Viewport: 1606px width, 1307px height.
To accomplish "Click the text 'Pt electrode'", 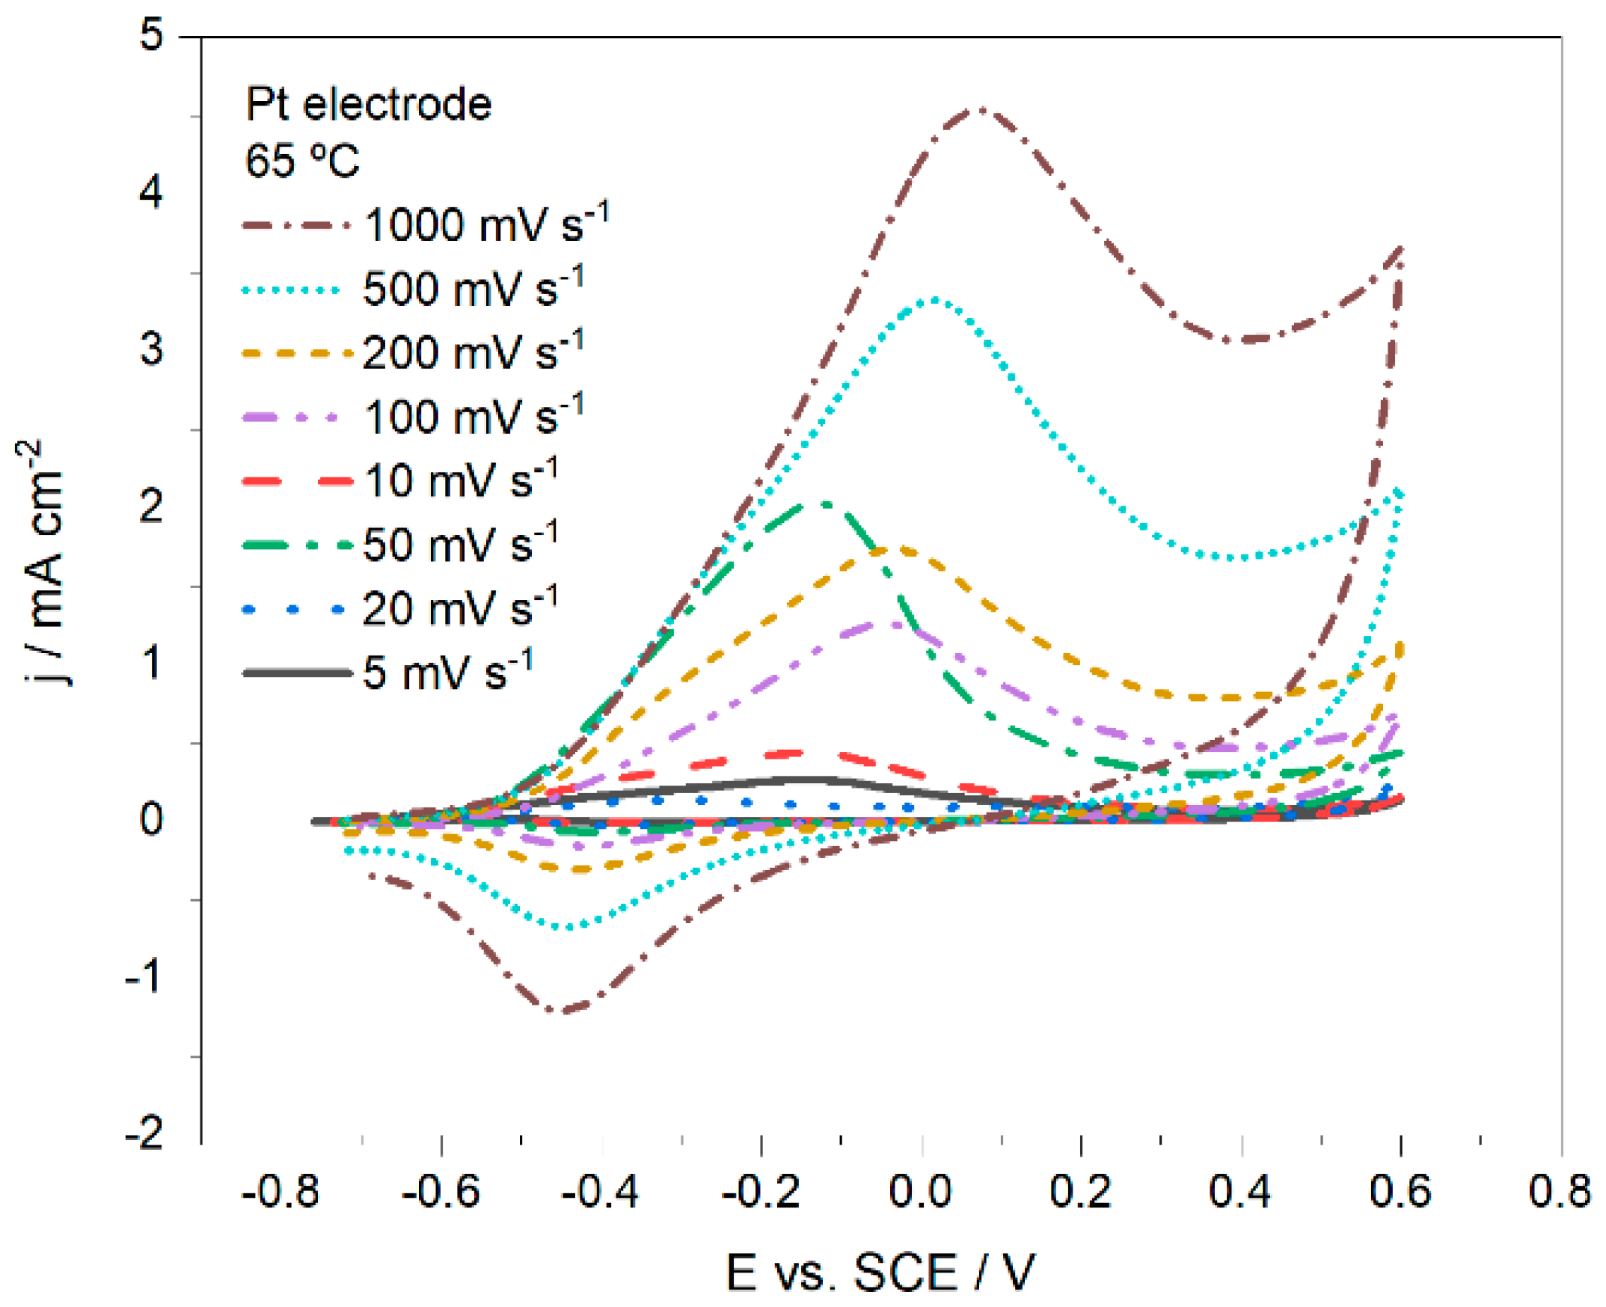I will pyautogui.click(x=368, y=104).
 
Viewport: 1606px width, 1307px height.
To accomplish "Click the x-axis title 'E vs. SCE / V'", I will pyautogui.click(x=880, y=1273).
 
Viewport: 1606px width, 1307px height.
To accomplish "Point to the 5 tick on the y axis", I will pyautogui.click(x=151, y=35).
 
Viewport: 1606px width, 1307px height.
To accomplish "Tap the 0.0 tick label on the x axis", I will pyautogui.click(x=920, y=1192).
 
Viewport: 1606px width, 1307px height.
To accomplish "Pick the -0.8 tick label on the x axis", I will pyautogui.click(x=280, y=1192).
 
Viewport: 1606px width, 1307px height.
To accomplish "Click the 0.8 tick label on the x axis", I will pyautogui.click(x=1560, y=1192).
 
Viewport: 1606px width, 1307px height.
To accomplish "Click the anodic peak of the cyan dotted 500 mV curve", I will pyautogui.click(x=934, y=300).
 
